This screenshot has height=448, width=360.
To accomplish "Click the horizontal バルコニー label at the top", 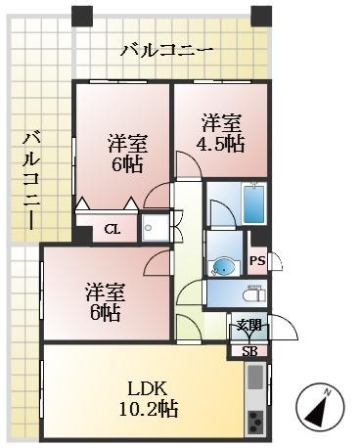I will coord(165,49).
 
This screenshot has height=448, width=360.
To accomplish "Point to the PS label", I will coord(256,260).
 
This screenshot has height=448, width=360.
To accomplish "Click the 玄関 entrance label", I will coord(248,327).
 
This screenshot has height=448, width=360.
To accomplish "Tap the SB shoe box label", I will coord(248,349).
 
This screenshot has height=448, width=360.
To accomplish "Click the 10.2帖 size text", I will coord(142,407).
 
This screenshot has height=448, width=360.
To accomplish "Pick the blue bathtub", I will coord(252,202).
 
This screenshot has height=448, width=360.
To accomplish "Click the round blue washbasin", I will coord(224,265).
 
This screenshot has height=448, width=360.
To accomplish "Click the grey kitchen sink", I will coord(254,378).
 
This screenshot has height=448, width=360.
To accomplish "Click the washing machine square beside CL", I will coord(154,229).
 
